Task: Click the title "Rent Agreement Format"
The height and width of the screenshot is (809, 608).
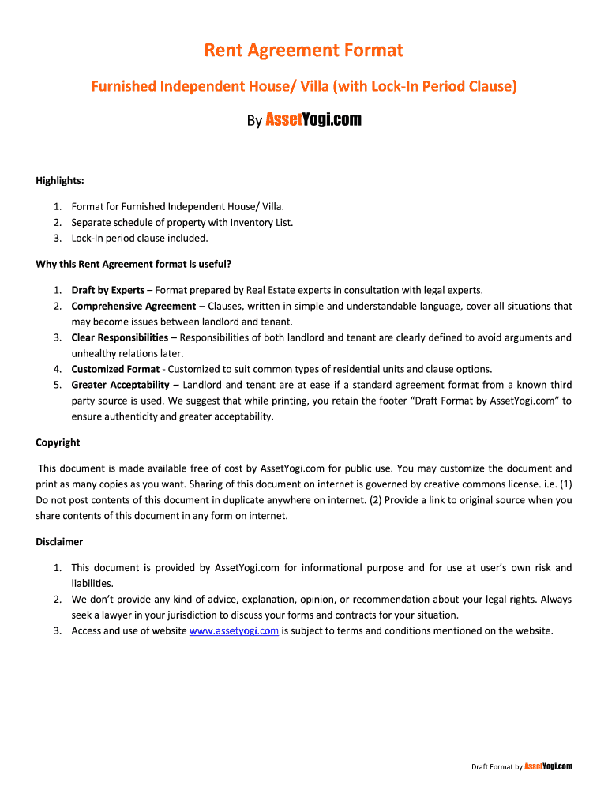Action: tap(304, 51)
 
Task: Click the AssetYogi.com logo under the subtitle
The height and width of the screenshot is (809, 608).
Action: tap(313, 120)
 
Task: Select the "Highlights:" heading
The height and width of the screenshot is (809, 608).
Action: tap(60, 181)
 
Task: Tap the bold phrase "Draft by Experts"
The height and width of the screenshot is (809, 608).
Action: tap(107, 290)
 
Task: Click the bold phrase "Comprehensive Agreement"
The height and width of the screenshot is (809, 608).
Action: tap(133, 306)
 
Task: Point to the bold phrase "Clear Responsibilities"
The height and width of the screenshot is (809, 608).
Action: tap(119, 337)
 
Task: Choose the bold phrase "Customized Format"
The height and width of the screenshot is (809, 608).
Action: tap(115, 369)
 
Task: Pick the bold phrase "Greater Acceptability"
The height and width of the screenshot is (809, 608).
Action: tap(120, 385)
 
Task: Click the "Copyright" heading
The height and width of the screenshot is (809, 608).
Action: tap(58, 442)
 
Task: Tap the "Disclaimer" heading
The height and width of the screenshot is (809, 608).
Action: tap(59, 542)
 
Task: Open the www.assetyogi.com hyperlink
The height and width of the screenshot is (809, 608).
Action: tap(235, 630)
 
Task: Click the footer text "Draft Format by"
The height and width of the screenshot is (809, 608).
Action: tap(497, 767)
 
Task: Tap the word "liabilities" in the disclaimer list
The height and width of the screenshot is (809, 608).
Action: tap(92, 583)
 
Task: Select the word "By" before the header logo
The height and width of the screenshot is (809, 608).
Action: tap(254, 122)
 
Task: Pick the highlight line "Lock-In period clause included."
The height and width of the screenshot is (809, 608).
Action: tap(140, 238)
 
